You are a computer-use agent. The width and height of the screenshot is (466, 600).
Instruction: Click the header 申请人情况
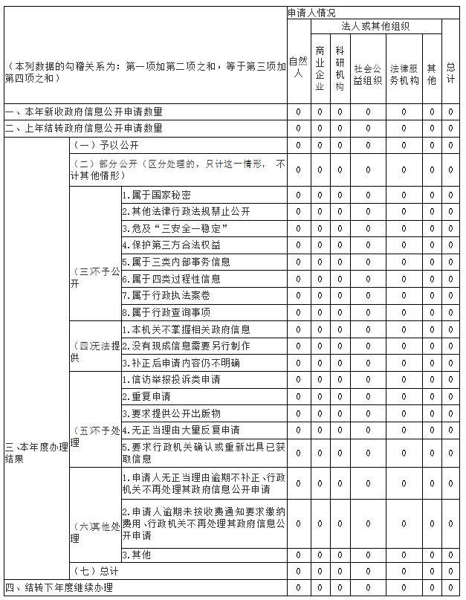pyautogui.click(x=311, y=13)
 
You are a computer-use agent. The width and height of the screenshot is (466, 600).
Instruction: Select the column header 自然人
pyautogui.click(x=297, y=67)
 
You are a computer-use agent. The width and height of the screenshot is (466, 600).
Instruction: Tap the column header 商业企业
pyautogui.click(x=320, y=68)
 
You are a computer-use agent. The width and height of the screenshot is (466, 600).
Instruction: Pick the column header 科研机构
pyautogui.click(x=340, y=68)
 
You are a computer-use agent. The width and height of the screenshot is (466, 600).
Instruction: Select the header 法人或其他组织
pyautogui.click(x=375, y=26)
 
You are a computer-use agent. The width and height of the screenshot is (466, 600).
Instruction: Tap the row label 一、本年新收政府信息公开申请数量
pyautogui.click(x=84, y=112)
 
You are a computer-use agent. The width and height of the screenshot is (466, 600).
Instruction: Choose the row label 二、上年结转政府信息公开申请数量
pyautogui.click(x=84, y=128)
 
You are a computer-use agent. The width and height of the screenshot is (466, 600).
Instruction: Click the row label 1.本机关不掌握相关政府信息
pyautogui.click(x=186, y=329)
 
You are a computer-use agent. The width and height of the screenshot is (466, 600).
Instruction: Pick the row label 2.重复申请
pyautogui.click(x=146, y=396)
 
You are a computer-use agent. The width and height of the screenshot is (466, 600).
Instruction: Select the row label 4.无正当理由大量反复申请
pyautogui.click(x=181, y=430)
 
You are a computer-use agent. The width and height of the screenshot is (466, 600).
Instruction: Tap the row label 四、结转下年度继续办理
pyautogui.click(x=59, y=588)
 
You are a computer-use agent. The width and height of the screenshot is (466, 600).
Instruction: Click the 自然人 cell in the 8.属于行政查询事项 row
pyautogui.click(x=298, y=312)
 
